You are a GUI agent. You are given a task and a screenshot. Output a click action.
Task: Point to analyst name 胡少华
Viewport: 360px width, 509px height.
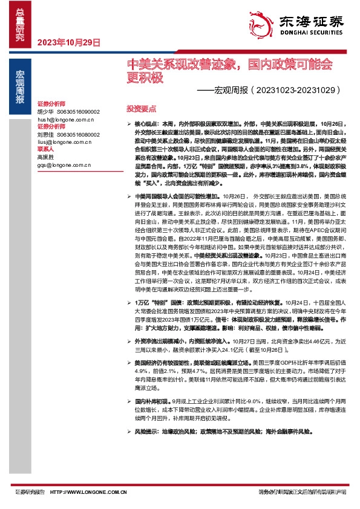[x=45, y=112]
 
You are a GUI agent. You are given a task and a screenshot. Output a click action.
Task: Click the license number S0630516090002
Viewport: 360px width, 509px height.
[x=78, y=112]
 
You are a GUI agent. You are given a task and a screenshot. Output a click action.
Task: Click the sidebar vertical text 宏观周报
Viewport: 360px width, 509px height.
[x=20, y=88]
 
